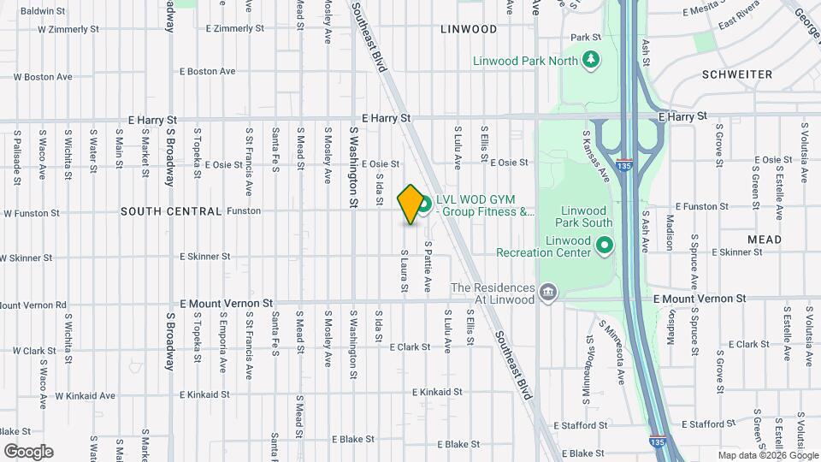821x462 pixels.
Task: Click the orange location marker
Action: [x=410, y=204]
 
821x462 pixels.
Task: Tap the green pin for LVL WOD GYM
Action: [x=423, y=206]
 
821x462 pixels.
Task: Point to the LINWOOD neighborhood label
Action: [x=468, y=29]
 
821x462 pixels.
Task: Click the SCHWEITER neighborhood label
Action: [x=737, y=74]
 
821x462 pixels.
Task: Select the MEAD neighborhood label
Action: [x=764, y=240]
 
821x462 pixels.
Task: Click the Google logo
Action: [x=28, y=452]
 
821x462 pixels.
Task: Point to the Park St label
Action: [x=586, y=38]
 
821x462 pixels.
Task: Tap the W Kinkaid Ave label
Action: [x=85, y=396]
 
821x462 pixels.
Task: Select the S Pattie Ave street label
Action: [x=428, y=267]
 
